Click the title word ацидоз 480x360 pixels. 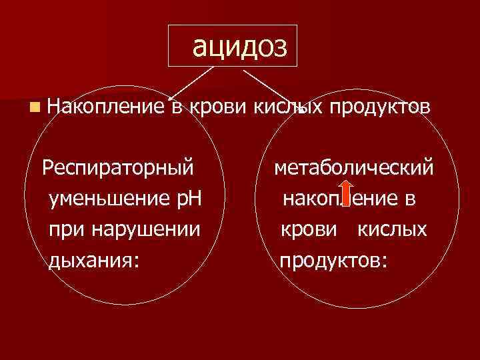(239, 46)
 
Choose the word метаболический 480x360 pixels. (355, 166)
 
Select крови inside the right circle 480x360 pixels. (305, 229)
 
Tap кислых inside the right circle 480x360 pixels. (393, 229)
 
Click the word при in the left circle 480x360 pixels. (63, 229)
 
